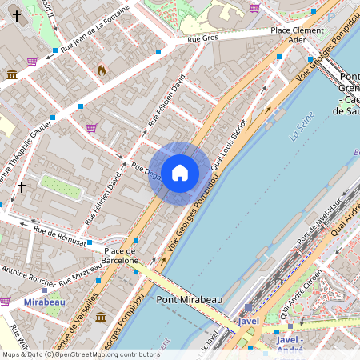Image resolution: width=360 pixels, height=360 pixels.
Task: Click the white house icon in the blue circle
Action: click(x=179, y=173)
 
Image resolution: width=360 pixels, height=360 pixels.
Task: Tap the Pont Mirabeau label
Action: click(x=189, y=299)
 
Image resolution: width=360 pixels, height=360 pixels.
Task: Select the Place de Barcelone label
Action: click(x=122, y=255)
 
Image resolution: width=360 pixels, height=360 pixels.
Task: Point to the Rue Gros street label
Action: click(x=202, y=38)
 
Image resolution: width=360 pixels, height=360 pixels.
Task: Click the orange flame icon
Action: click(x=101, y=70)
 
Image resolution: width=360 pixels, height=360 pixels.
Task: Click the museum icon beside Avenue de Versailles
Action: click(x=101, y=318)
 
